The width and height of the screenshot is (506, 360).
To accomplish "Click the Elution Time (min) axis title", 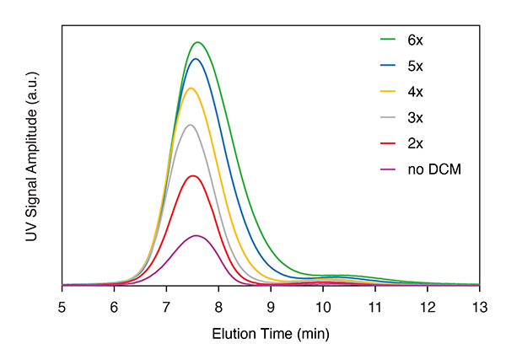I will [270, 333].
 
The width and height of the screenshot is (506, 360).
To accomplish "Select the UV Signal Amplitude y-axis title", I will [31, 156].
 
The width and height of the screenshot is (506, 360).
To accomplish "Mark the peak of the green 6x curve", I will [198, 42].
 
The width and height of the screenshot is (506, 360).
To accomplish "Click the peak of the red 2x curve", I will [193, 175].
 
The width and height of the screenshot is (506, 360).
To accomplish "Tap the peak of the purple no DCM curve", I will [196, 235].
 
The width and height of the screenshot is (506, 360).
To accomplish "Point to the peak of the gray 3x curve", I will [191, 125].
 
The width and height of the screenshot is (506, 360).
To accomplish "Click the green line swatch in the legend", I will [388, 39].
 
